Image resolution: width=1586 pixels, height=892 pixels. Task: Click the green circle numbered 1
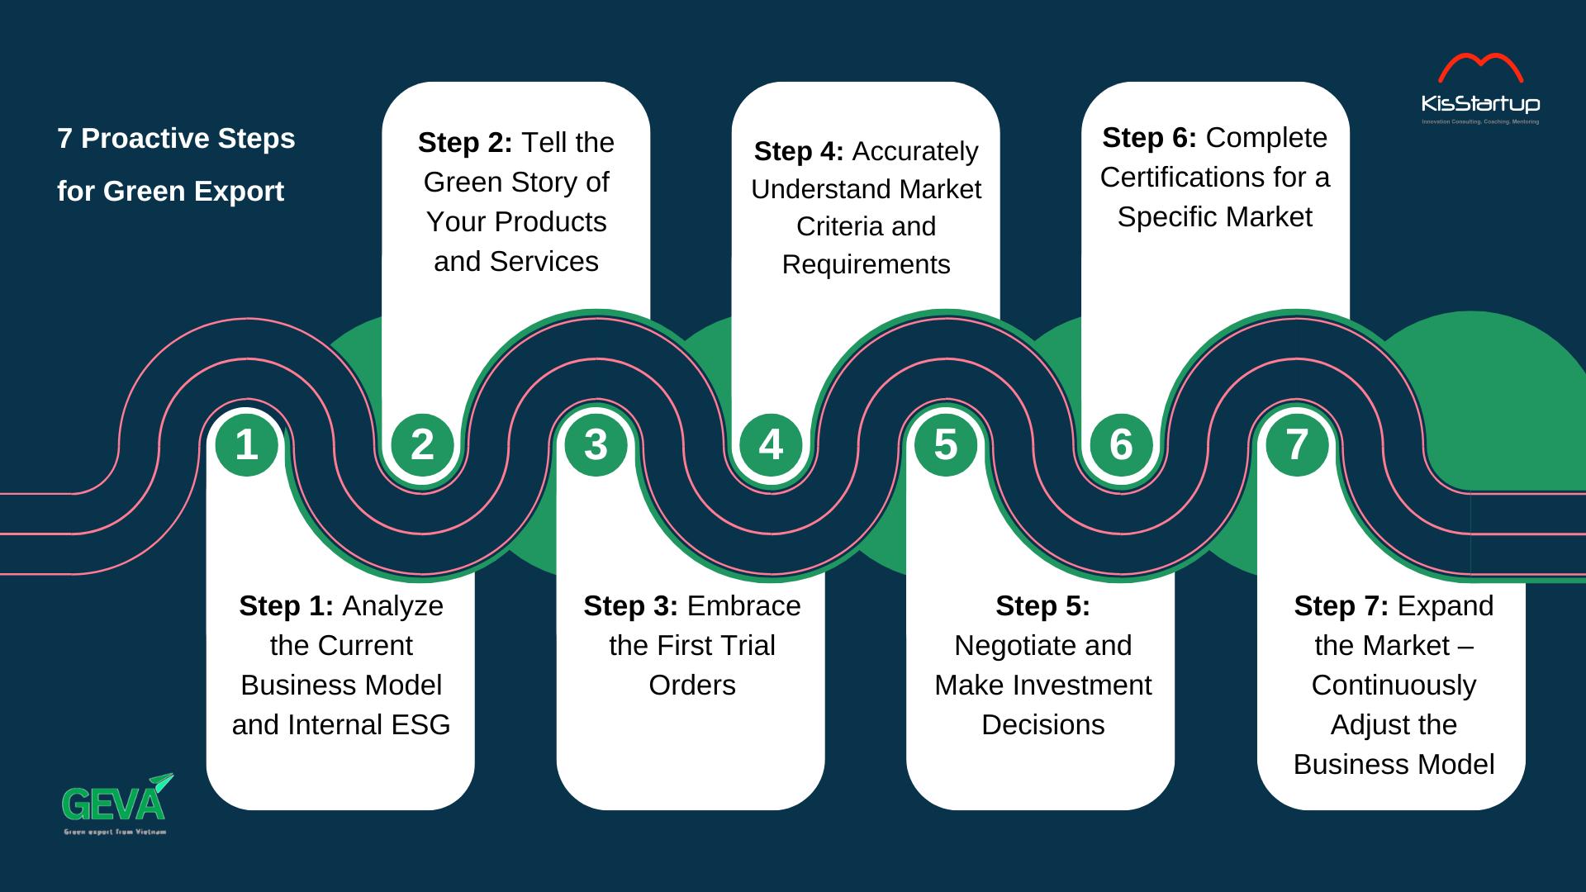[246, 445]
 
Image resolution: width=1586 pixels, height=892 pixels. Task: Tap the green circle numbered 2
[422, 445]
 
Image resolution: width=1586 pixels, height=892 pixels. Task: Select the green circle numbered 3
[596, 445]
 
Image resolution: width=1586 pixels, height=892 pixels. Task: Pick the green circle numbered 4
[771, 445]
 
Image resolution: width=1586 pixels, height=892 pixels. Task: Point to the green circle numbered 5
[946, 445]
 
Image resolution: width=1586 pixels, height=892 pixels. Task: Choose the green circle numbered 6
[1121, 445]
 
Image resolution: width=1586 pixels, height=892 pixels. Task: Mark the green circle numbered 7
[1297, 445]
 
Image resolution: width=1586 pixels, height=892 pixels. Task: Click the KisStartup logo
[1480, 89]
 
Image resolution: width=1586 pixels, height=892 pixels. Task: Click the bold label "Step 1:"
[286, 606]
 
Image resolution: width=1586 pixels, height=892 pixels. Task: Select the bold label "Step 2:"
[465, 143]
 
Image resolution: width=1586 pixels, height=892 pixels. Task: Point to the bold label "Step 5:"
[1042, 606]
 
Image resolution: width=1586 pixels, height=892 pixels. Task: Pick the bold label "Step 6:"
[1149, 138]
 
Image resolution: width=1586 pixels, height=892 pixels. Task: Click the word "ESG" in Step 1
[420, 725]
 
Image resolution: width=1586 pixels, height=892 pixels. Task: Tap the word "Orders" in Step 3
[692, 686]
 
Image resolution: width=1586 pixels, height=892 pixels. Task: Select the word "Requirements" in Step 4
[866, 265]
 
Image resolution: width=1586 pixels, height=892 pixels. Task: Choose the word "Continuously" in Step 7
[1394, 686]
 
